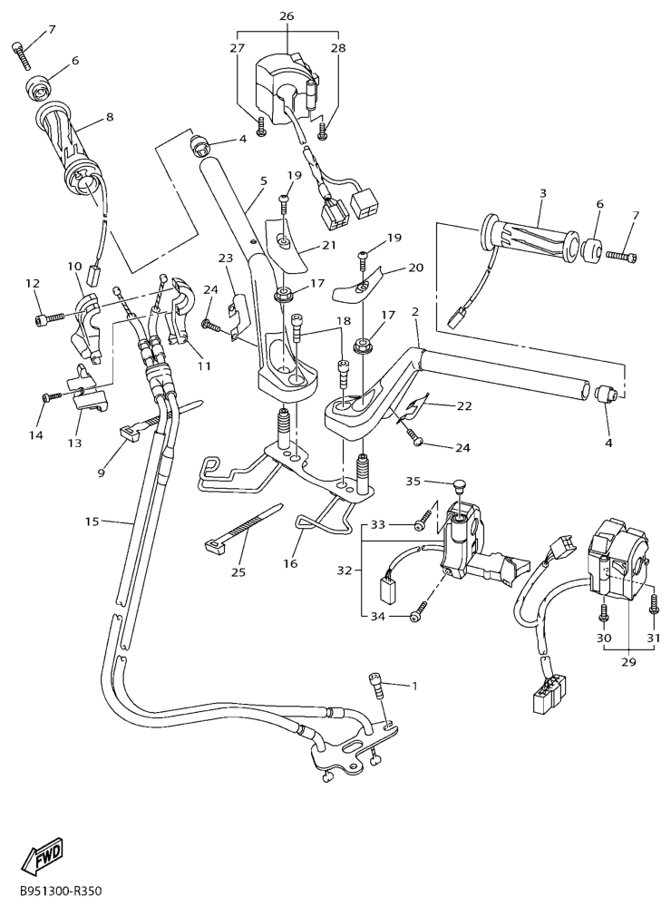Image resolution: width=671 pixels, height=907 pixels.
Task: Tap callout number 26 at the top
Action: [287, 16]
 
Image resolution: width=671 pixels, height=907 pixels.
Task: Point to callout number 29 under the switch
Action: [629, 662]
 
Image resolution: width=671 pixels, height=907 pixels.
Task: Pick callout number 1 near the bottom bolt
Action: [414, 686]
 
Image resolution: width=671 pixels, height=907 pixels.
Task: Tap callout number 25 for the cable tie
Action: [238, 571]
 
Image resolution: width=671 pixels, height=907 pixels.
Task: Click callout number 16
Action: [290, 563]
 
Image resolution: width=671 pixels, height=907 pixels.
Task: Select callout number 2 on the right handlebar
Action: [415, 311]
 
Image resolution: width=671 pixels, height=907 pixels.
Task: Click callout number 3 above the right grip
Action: [542, 193]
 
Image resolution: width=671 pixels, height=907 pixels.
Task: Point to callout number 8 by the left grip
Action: [110, 116]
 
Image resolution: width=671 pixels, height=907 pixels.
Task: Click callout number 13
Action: [74, 443]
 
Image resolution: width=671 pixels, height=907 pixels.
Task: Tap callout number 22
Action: [464, 405]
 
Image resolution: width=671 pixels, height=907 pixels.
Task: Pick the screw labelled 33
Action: [423, 523]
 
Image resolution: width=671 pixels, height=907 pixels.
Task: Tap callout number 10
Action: [74, 266]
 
